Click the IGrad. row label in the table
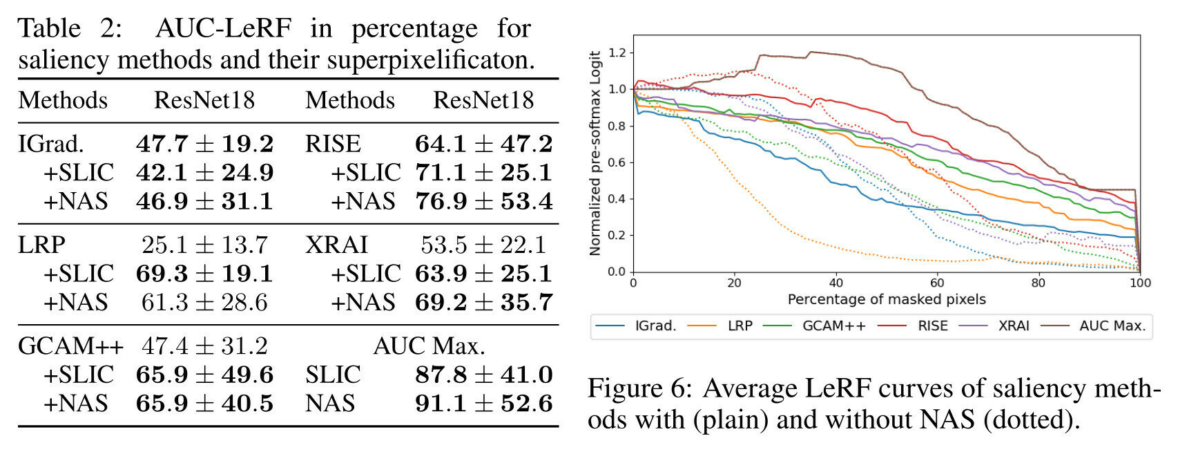[x=51, y=144]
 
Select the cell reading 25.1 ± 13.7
[x=204, y=245]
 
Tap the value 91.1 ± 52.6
[x=483, y=403]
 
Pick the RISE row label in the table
[x=333, y=144]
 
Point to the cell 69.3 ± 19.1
[x=204, y=274]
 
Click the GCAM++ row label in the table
[x=70, y=346]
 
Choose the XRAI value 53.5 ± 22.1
[x=483, y=245]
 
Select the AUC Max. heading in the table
[x=429, y=346]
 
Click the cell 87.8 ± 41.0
[x=483, y=375]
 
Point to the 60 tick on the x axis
[x=937, y=283]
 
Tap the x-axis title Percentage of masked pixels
[x=886, y=299]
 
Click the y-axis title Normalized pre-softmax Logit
[x=595, y=153]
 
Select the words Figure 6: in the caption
[x=639, y=389]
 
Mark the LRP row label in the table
[x=41, y=245]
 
